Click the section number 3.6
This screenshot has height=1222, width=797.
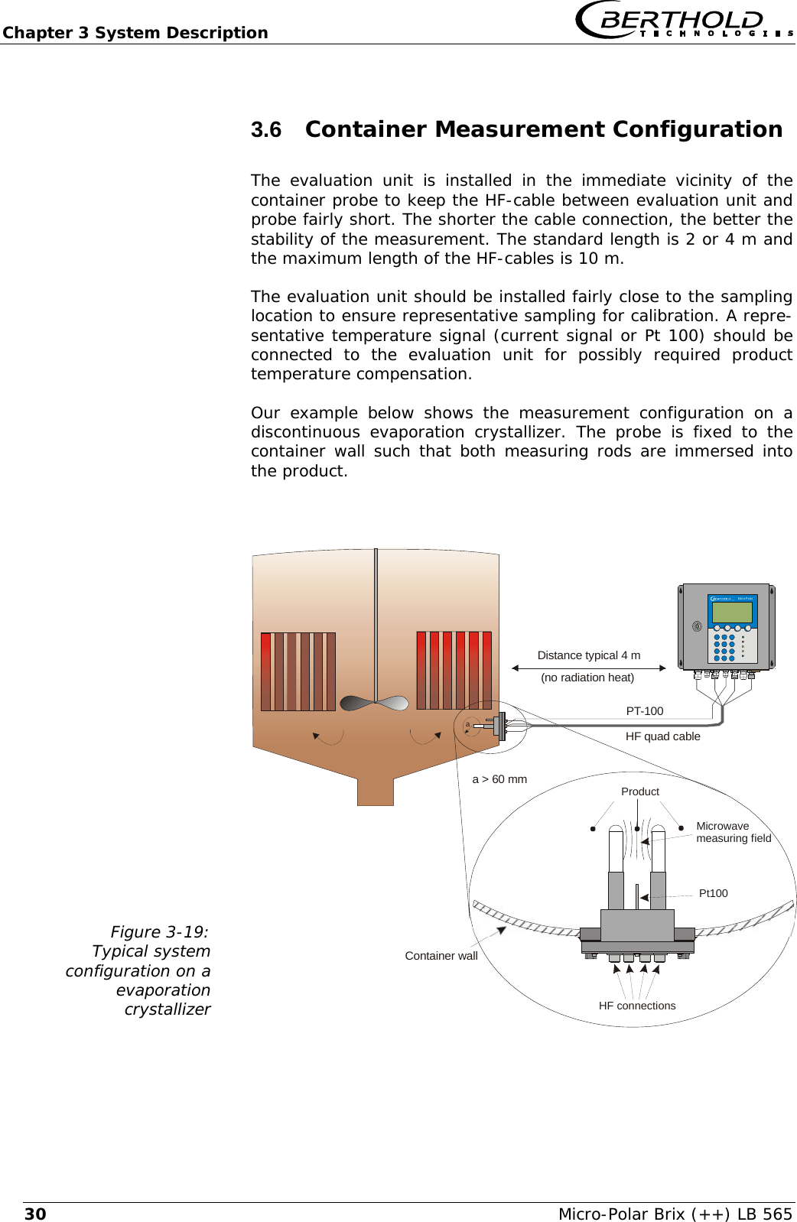pyautogui.click(x=266, y=130)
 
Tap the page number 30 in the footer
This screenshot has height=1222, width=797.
pyautogui.click(x=35, y=1214)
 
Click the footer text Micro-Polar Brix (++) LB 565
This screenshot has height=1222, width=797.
pyautogui.click(x=675, y=1214)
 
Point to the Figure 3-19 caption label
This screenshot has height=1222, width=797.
pyautogui.click(x=159, y=931)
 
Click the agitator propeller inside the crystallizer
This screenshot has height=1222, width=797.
pyautogui.click(x=374, y=702)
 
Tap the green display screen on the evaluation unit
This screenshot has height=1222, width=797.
pyautogui.click(x=732, y=613)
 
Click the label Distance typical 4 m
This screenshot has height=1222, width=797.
pyautogui.click(x=588, y=655)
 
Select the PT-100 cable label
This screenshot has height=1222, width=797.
pyautogui.click(x=644, y=710)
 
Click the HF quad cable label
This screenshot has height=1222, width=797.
pyautogui.click(x=662, y=736)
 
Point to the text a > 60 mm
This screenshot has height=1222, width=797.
pyautogui.click(x=499, y=779)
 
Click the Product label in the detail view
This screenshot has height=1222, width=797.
pyautogui.click(x=639, y=791)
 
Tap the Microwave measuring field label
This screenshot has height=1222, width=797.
pyautogui.click(x=733, y=832)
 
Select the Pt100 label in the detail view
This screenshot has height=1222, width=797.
pyautogui.click(x=713, y=893)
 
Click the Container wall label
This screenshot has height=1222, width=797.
pyautogui.click(x=441, y=956)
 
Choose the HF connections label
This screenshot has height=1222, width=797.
pyautogui.click(x=636, y=1006)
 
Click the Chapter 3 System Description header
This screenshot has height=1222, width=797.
pyautogui.click(x=135, y=33)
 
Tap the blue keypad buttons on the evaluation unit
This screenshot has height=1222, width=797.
pyautogui.click(x=724, y=647)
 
